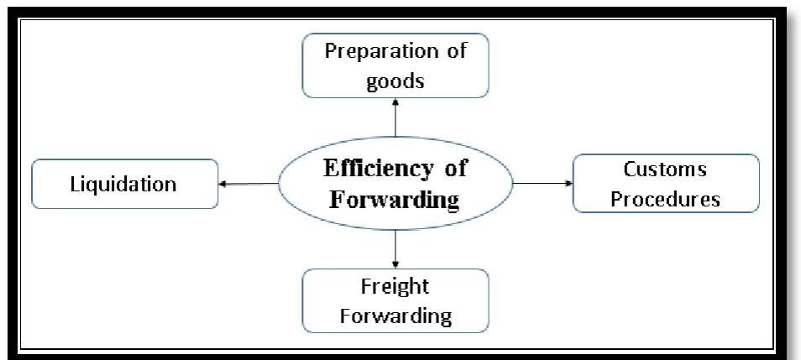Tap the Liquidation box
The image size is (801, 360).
click(124, 184)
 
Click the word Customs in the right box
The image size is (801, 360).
click(665, 170)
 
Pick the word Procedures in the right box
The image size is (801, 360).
click(665, 200)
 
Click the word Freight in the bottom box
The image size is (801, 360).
click(394, 286)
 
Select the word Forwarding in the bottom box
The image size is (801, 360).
click(394, 316)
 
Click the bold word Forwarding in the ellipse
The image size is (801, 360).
click(395, 201)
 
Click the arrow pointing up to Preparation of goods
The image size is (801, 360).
click(395, 117)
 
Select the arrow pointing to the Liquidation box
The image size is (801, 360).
click(249, 184)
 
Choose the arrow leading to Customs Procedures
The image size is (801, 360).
click(542, 182)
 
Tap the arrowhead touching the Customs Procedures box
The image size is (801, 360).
click(568, 182)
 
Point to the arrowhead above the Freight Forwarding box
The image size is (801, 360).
click(395, 264)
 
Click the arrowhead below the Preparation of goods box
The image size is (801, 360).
click(395, 102)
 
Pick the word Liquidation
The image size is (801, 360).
click(124, 184)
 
